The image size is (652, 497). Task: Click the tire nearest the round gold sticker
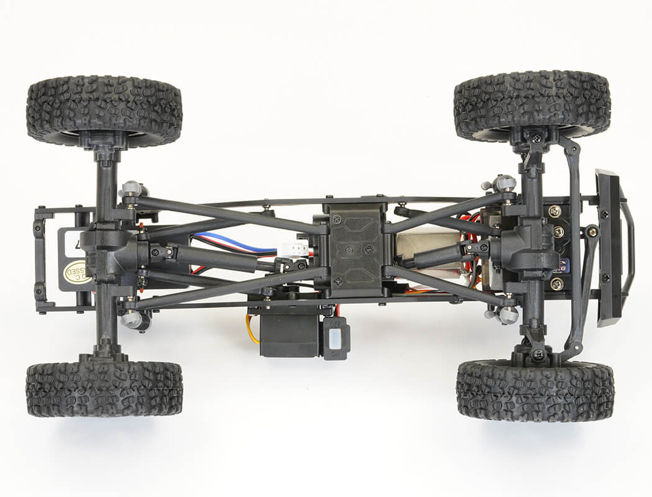click(104, 388)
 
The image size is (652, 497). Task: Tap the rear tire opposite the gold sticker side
click(104, 103)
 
